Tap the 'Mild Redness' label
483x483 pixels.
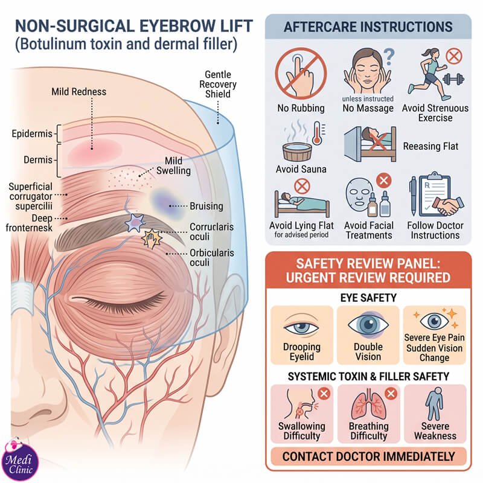coord(78,92)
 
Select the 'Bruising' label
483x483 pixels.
coord(206,206)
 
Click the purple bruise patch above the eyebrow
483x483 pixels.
coord(162,203)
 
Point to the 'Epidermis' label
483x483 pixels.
coord(32,133)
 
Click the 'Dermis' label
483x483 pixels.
coord(38,159)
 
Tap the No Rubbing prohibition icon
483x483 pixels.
coord(301,73)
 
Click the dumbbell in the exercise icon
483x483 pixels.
coord(453,80)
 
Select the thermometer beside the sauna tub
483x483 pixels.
coord(318,132)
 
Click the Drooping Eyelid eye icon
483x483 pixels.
coord(301,326)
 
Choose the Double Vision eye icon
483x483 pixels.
coord(368,325)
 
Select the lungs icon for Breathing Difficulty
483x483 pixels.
coord(369,406)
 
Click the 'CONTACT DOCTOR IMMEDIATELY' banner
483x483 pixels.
coord(368,456)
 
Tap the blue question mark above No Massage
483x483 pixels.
coord(389,57)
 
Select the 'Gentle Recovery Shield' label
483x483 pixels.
coord(218,84)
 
